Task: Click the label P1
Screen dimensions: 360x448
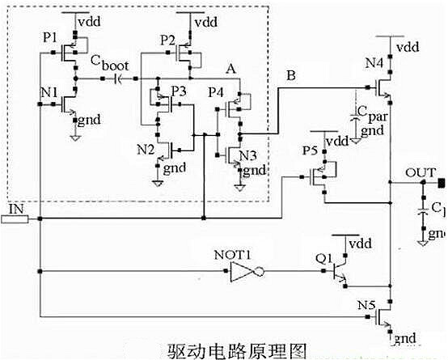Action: coord(49,39)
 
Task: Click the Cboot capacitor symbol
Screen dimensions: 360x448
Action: coord(119,78)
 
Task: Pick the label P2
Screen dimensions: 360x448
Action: coord(167,38)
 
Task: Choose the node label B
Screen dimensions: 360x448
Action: coord(291,76)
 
